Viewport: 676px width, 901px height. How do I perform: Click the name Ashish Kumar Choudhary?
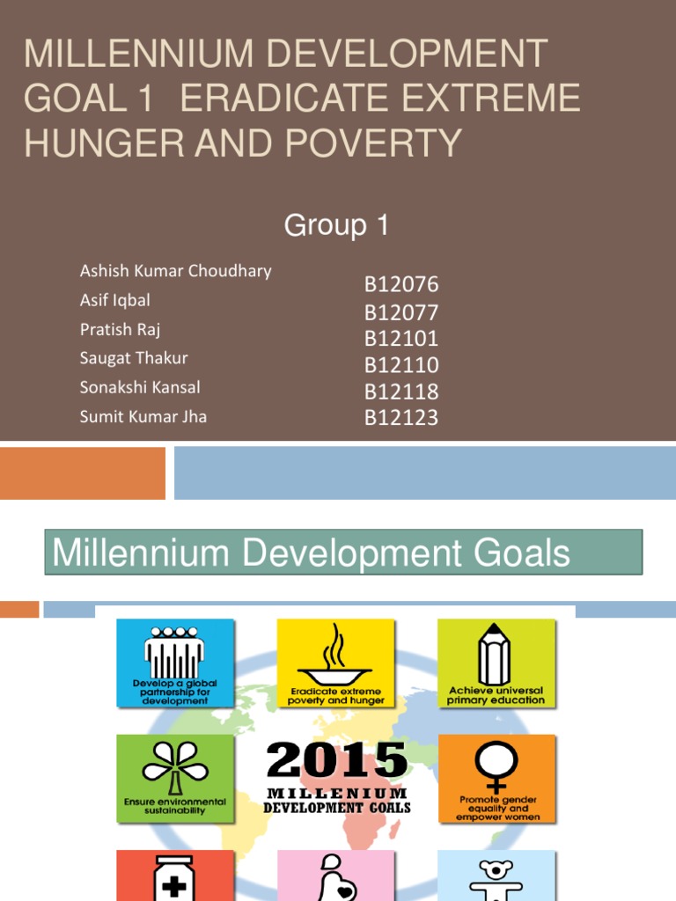coord(175,271)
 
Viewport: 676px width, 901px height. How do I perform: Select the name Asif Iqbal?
coord(114,300)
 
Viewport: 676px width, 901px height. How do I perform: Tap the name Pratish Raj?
coord(120,330)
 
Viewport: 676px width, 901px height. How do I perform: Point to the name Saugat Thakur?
coord(134,358)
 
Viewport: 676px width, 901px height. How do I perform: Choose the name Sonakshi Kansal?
coord(140,387)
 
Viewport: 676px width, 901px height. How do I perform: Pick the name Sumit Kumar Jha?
coord(143,416)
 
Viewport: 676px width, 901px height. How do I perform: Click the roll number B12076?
coord(401,285)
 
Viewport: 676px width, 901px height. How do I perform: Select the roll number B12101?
coord(401,339)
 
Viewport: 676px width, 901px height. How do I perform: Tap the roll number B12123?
coord(401,418)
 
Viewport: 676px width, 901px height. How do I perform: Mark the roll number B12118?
coord(401,392)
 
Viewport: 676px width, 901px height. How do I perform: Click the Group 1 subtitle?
coord(336,226)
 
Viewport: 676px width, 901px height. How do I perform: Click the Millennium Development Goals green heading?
coord(343,553)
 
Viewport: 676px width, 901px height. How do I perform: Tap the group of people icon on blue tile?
coord(175,652)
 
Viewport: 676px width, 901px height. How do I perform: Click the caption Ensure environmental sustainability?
coord(175,806)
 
